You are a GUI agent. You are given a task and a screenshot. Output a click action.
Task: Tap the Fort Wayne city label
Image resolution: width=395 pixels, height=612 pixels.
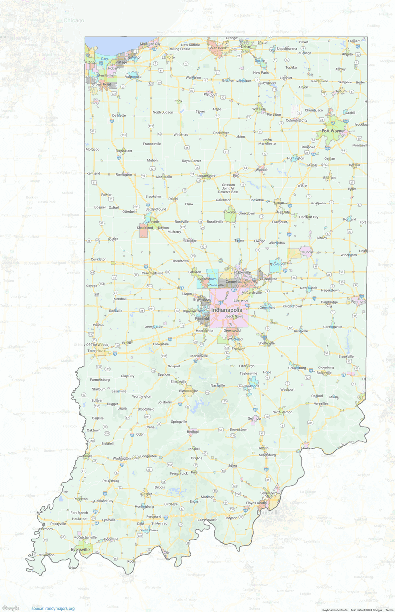(x=332, y=131)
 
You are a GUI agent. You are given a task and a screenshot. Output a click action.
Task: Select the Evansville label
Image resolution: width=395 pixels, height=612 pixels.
(x=80, y=549)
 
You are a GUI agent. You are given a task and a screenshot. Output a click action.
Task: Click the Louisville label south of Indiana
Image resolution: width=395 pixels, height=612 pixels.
(x=269, y=513)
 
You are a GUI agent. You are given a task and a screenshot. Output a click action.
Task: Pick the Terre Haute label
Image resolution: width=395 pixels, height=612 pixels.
(x=97, y=350)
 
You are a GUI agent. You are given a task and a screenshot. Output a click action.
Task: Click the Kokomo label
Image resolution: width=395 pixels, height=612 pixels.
(x=229, y=212)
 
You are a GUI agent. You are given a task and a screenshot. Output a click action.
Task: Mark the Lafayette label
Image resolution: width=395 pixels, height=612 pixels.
(x=152, y=222)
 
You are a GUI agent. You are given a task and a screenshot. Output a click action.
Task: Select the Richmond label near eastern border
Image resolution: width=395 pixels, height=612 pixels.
(x=358, y=301)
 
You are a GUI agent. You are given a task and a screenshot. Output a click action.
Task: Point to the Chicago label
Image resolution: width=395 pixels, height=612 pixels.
(x=74, y=20)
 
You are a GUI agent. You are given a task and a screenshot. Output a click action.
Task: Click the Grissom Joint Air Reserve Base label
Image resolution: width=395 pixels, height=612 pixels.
(x=228, y=188)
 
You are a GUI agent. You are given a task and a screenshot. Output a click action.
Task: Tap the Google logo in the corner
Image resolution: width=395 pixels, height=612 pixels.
(x=10, y=608)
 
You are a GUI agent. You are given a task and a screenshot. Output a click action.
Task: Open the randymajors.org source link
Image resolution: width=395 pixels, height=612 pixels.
(x=53, y=608)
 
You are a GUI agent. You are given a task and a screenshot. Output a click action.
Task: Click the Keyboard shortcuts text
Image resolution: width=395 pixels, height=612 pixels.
(x=334, y=610)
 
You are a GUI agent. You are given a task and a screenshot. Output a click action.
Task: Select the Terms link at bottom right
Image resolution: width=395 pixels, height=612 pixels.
(x=389, y=610)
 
